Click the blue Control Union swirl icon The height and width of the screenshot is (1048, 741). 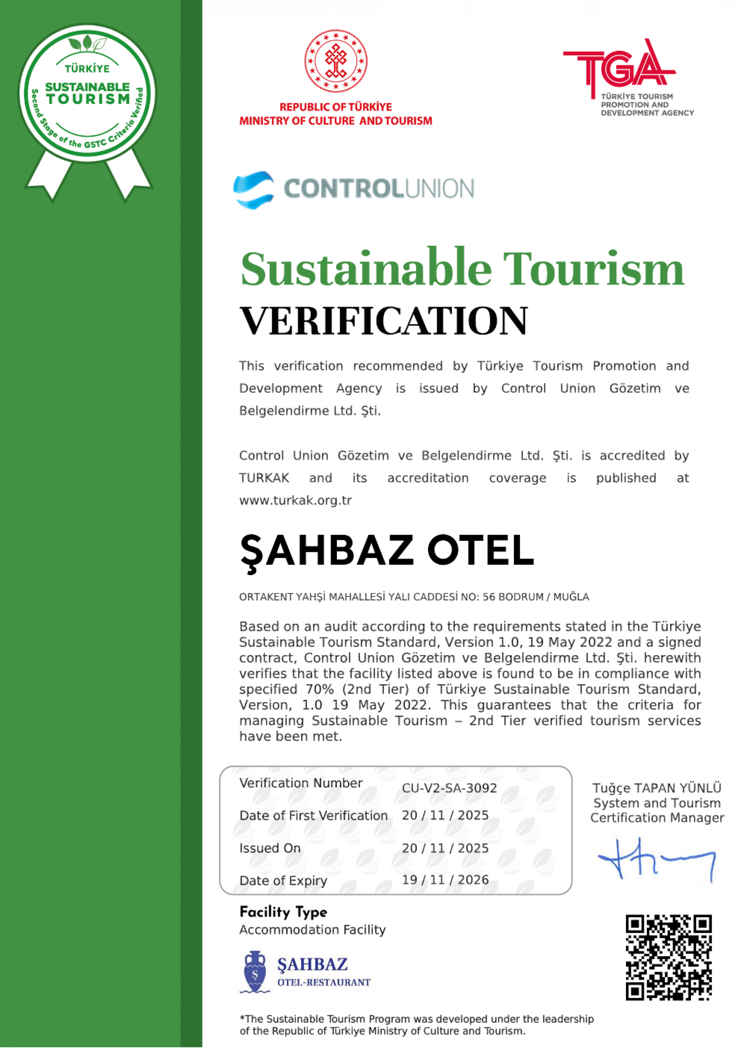254,190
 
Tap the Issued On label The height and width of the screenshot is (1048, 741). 270,848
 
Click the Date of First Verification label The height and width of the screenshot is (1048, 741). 313,816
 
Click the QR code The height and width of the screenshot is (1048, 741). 668,957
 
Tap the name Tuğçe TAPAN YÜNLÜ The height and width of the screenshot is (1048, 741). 657,788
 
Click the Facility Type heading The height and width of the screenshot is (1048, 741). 283,912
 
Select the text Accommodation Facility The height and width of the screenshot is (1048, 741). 313,930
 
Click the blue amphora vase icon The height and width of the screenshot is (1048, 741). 255,972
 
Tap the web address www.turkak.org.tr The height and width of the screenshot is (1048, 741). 295,501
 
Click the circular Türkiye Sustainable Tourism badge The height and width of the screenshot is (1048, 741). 87,93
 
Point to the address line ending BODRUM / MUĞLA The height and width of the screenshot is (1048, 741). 414,597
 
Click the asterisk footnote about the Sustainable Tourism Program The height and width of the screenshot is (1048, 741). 416,1025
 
